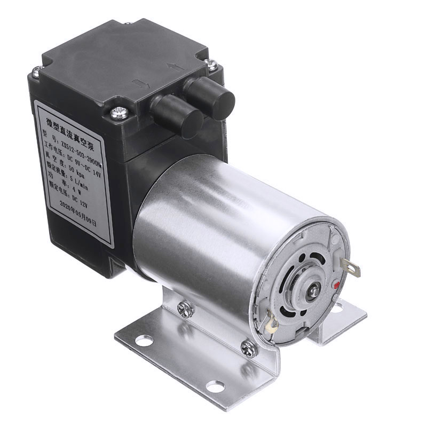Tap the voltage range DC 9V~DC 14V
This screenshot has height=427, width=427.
pos(80,153)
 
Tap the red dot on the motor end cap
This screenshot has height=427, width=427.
pos(335,283)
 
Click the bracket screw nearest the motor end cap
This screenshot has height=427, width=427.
pos(248,349)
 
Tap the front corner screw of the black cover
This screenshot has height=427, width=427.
pos(118,113)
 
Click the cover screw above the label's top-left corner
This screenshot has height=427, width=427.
pos(36,71)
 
